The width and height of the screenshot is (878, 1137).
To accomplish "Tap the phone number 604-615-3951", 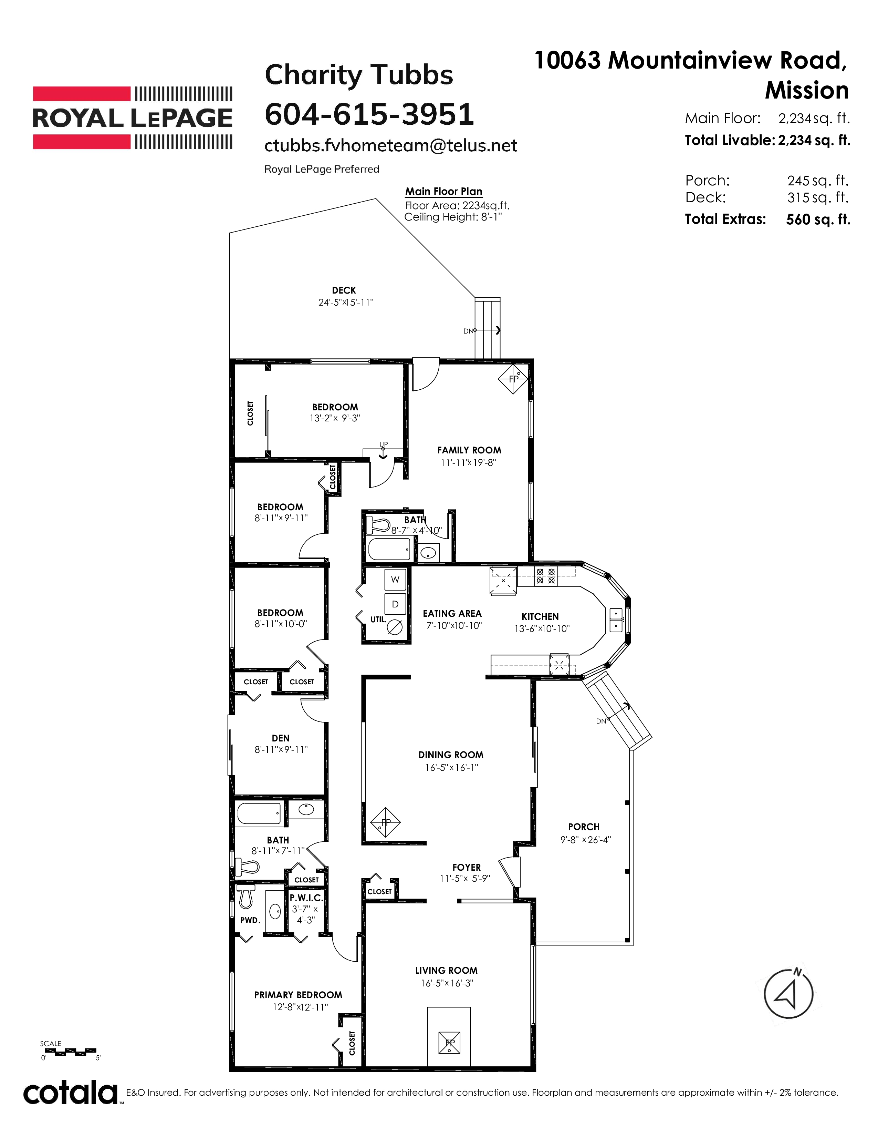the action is click(x=369, y=114).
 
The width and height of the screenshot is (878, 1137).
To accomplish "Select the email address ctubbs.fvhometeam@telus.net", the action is click(x=391, y=146).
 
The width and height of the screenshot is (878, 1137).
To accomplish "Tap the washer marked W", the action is click(x=395, y=580).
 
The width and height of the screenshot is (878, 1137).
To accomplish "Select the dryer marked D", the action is click(x=395, y=604).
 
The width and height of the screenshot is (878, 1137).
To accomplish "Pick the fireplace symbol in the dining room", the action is click(x=385, y=822).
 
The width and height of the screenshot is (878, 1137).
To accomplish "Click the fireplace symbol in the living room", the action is click(x=449, y=1042).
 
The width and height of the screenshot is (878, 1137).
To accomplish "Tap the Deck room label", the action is click(x=344, y=290).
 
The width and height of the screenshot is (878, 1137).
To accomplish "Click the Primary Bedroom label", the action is click(x=298, y=995).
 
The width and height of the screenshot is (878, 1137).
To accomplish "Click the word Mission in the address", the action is click(x=807, y=91).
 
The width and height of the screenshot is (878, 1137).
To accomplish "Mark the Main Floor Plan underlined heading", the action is click(x=444, y=192).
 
